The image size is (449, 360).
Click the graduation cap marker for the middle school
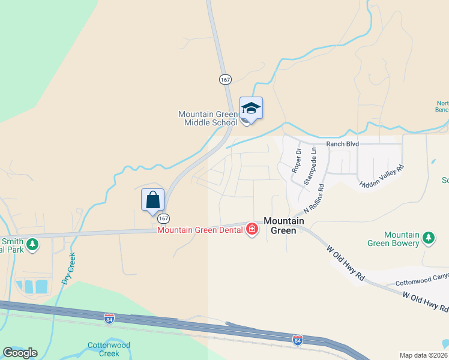251,109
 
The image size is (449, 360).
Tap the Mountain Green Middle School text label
208,118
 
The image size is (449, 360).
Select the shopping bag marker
152,200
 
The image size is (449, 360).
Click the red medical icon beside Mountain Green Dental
252,229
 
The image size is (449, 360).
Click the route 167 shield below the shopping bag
164,218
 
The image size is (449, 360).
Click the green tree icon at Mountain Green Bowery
429,238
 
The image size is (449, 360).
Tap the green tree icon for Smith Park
32,245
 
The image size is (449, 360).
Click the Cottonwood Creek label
109,349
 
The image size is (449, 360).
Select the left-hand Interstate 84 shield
109,319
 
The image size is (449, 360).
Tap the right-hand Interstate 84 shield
297,340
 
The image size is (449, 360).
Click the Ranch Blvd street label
342,144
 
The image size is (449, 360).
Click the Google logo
20,353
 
